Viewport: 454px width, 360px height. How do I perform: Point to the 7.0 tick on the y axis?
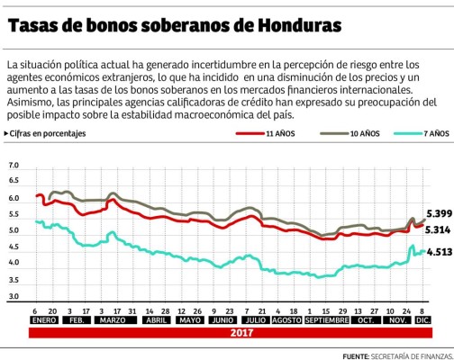tap(14, 166)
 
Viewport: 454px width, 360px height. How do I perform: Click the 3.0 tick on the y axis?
tap(14, 295)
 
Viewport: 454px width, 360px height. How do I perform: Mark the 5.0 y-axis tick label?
tap(14, 231)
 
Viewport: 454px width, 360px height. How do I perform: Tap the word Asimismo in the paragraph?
tap(32, 103)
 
